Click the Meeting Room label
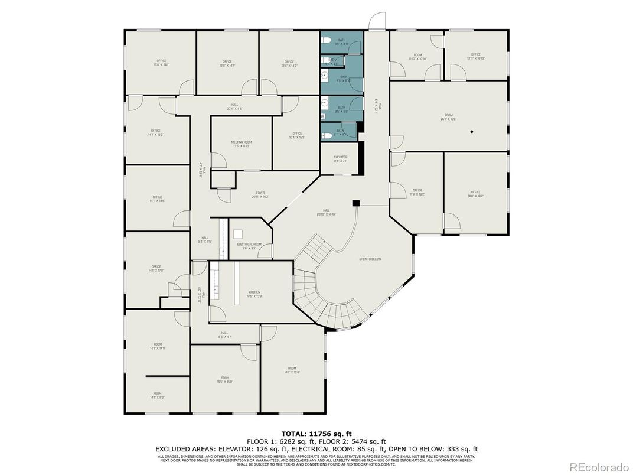(x=241, y=144)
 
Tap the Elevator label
(x=341, y=159)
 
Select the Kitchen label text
(x=254, y=294)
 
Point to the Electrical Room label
(x=249, y=246)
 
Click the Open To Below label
(x=370, y=259)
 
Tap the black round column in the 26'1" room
(x=472, y=131)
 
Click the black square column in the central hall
(x=355, y=203)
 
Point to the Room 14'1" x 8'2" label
(x=157, y=395)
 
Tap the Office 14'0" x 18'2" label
(x=475, y=194)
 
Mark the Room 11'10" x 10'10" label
(x=417, y=57)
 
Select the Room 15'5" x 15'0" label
(x=225, y=380)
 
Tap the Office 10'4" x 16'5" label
(x=297, y=135)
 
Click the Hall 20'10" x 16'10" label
(x=326, y=213)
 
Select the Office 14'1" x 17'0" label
(x=156, y=269)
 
